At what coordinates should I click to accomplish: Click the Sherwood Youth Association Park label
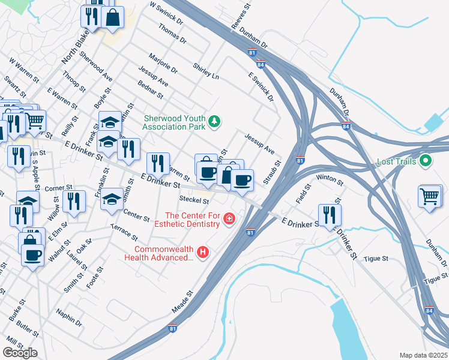[174, 122]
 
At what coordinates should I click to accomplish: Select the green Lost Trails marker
[426, 161]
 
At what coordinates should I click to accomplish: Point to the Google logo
[20, 353]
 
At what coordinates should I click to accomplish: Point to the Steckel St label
[194, 200]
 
